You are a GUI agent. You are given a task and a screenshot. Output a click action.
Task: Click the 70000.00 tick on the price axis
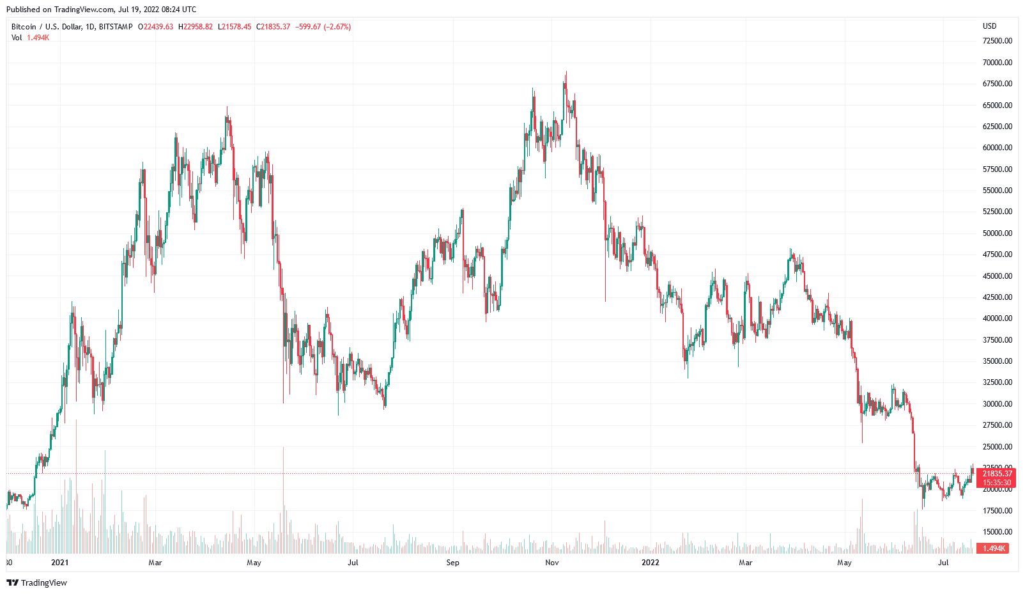(x=997, y=63)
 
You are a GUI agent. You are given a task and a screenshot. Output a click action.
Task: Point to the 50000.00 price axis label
(x=997, y=233)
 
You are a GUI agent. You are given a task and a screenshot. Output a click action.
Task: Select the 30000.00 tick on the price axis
(x=997, y=404)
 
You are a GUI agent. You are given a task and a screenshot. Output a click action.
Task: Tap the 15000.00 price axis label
(x=997, y=532)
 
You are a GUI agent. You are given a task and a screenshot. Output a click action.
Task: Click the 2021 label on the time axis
(x=59, y=563)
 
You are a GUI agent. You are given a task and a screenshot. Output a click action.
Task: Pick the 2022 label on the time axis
(x=650, y=563)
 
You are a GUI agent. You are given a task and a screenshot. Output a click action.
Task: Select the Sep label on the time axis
(x=452, y=563)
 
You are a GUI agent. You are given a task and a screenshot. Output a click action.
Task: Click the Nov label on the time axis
(x=552, y=563)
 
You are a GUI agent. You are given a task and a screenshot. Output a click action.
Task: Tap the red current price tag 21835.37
(x=997, y=474)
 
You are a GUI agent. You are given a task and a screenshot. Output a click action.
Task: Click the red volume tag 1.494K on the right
(x=994, y=549)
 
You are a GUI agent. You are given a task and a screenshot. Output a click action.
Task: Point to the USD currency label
(x=989, y=26)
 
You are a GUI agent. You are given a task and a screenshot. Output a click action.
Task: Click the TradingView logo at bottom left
(x=36, y=582)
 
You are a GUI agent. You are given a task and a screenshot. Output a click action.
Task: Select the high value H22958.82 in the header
(x=196, y=27)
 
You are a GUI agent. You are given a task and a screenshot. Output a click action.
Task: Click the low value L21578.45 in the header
(x=235, y=27)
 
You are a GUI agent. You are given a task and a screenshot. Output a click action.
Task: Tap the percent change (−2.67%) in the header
(x=337, y=27)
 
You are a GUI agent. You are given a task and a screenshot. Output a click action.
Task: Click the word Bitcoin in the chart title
(x=24, y=27)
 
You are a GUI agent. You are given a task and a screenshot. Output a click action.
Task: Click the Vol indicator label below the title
(x=17, y=38)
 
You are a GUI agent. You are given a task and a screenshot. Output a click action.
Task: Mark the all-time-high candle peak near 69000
(x=566, y=72)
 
